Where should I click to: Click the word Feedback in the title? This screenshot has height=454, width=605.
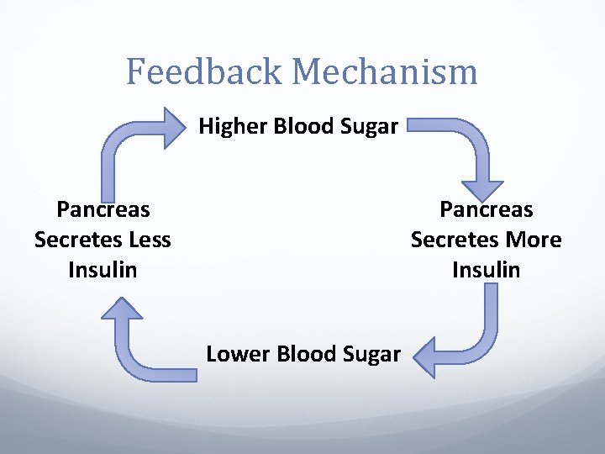205,71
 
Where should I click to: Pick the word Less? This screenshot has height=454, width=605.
150,240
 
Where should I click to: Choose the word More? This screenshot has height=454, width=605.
534,240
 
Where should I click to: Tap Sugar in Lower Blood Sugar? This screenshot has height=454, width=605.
372,354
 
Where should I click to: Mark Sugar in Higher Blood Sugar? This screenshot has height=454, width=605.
371,128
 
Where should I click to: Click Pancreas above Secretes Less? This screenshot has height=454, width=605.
103,209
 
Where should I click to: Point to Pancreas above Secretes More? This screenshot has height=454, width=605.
487,209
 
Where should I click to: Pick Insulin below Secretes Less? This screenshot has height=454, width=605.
103,270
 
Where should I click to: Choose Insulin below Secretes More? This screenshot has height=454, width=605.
487,270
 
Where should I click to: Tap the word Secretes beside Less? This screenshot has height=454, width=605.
79,240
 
